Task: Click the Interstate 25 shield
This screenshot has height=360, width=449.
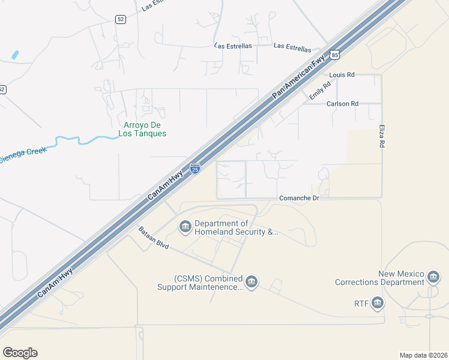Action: click(195, 169)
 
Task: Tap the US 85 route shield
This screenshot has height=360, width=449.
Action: click(335, 55)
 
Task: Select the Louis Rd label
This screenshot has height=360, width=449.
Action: click(342, 75)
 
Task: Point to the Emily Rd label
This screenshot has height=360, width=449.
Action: click(319, 91)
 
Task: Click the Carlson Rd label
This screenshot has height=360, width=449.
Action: click(342, 104)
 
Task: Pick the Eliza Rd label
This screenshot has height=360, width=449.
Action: click(382, 136)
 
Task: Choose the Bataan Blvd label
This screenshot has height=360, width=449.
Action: click(154, 238)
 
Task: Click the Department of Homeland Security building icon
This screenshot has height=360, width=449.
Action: click(185, 227)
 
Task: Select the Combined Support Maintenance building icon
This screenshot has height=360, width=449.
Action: click(251, 281)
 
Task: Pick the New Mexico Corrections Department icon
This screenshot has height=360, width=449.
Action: click(433, 277)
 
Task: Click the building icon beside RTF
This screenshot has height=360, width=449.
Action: click(377, 303)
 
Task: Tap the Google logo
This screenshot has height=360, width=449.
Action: click(20, 353)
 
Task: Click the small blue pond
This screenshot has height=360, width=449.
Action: click(14, 55)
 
